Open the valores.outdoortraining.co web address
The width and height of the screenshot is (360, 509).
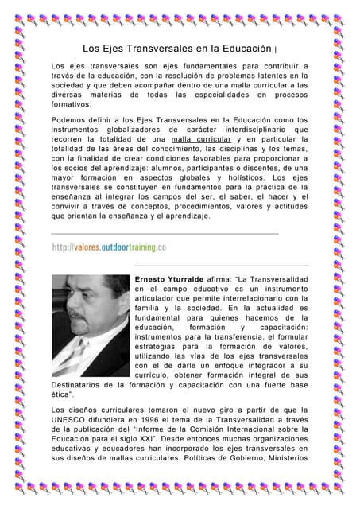pos(108,247)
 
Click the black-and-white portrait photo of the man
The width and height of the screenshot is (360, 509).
pos(90,325)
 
